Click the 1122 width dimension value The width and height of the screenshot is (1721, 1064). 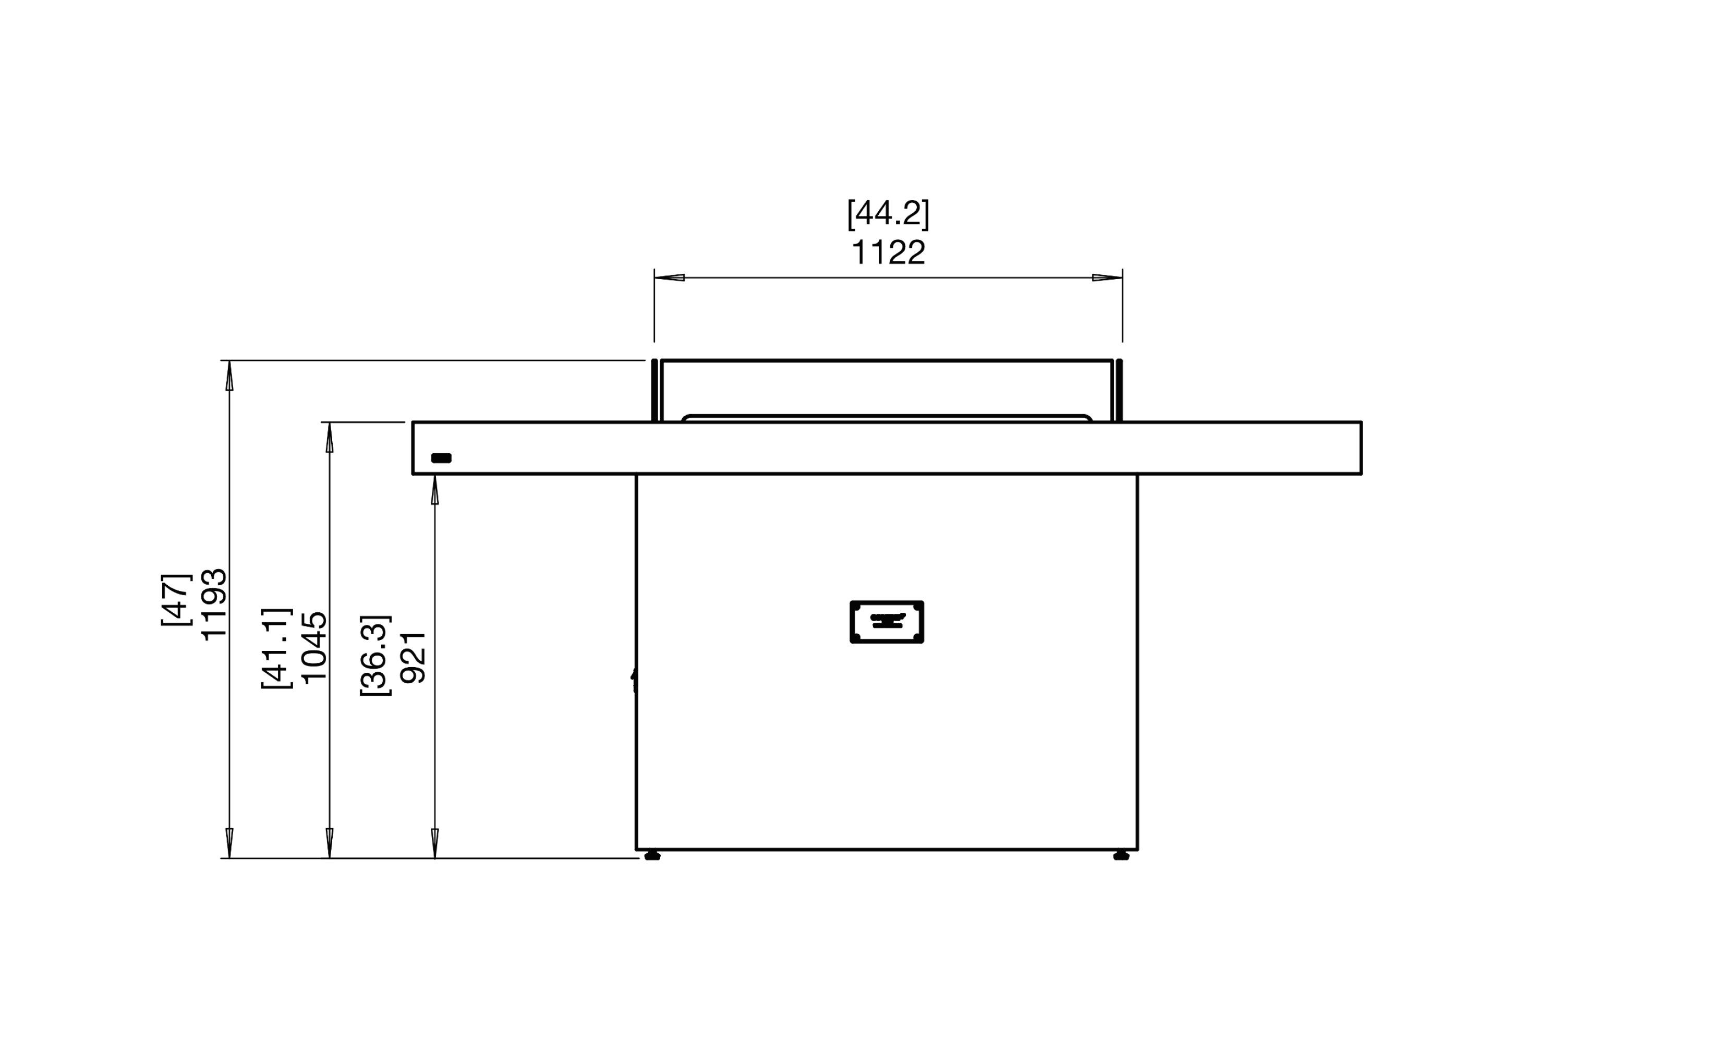click(x=888, y=252)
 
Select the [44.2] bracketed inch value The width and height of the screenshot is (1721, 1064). click(x=888, y=213)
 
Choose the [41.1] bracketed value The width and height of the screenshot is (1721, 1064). click(x=276, y=648)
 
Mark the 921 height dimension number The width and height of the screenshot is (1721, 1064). click(x=413, y=657)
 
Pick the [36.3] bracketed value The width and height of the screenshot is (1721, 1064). click(x=374, y=656)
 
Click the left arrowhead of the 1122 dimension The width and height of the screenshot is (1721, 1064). click(x=669, y=277)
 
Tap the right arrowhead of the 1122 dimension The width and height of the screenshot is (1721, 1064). click(x=1107, y=277)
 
